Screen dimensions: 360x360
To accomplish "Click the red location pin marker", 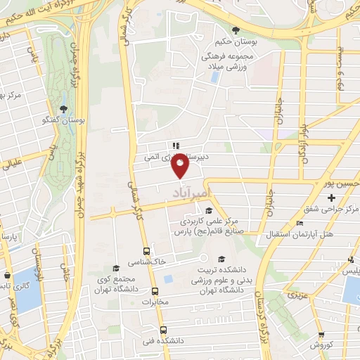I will (181, 167).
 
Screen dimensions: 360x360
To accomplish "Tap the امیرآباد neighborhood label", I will (191, 191).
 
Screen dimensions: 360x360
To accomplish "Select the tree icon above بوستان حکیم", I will (236, 30).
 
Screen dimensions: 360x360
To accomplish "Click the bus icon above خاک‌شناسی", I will (146, 251).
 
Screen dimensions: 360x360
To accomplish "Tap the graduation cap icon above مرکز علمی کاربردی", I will (208, 210).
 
